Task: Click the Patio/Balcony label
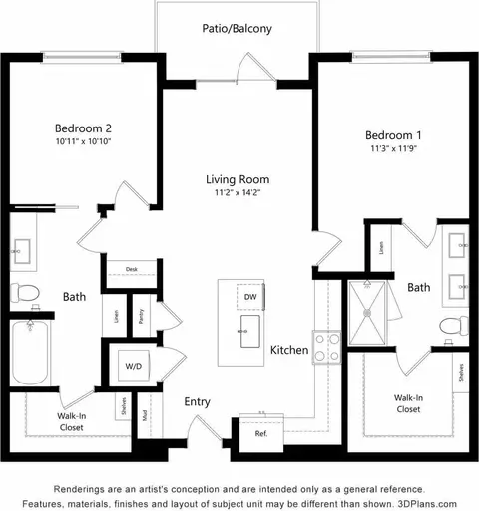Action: [238, 29]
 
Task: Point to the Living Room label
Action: [238, 180]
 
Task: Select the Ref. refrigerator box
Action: [261, 434]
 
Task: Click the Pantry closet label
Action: [142, 316]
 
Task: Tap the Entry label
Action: [197, 402]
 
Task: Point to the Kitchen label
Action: [288, 351]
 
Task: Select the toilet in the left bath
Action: [24, 292]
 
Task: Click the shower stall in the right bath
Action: [368, 311]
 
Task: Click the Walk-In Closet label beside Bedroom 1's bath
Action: [407, 403]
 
